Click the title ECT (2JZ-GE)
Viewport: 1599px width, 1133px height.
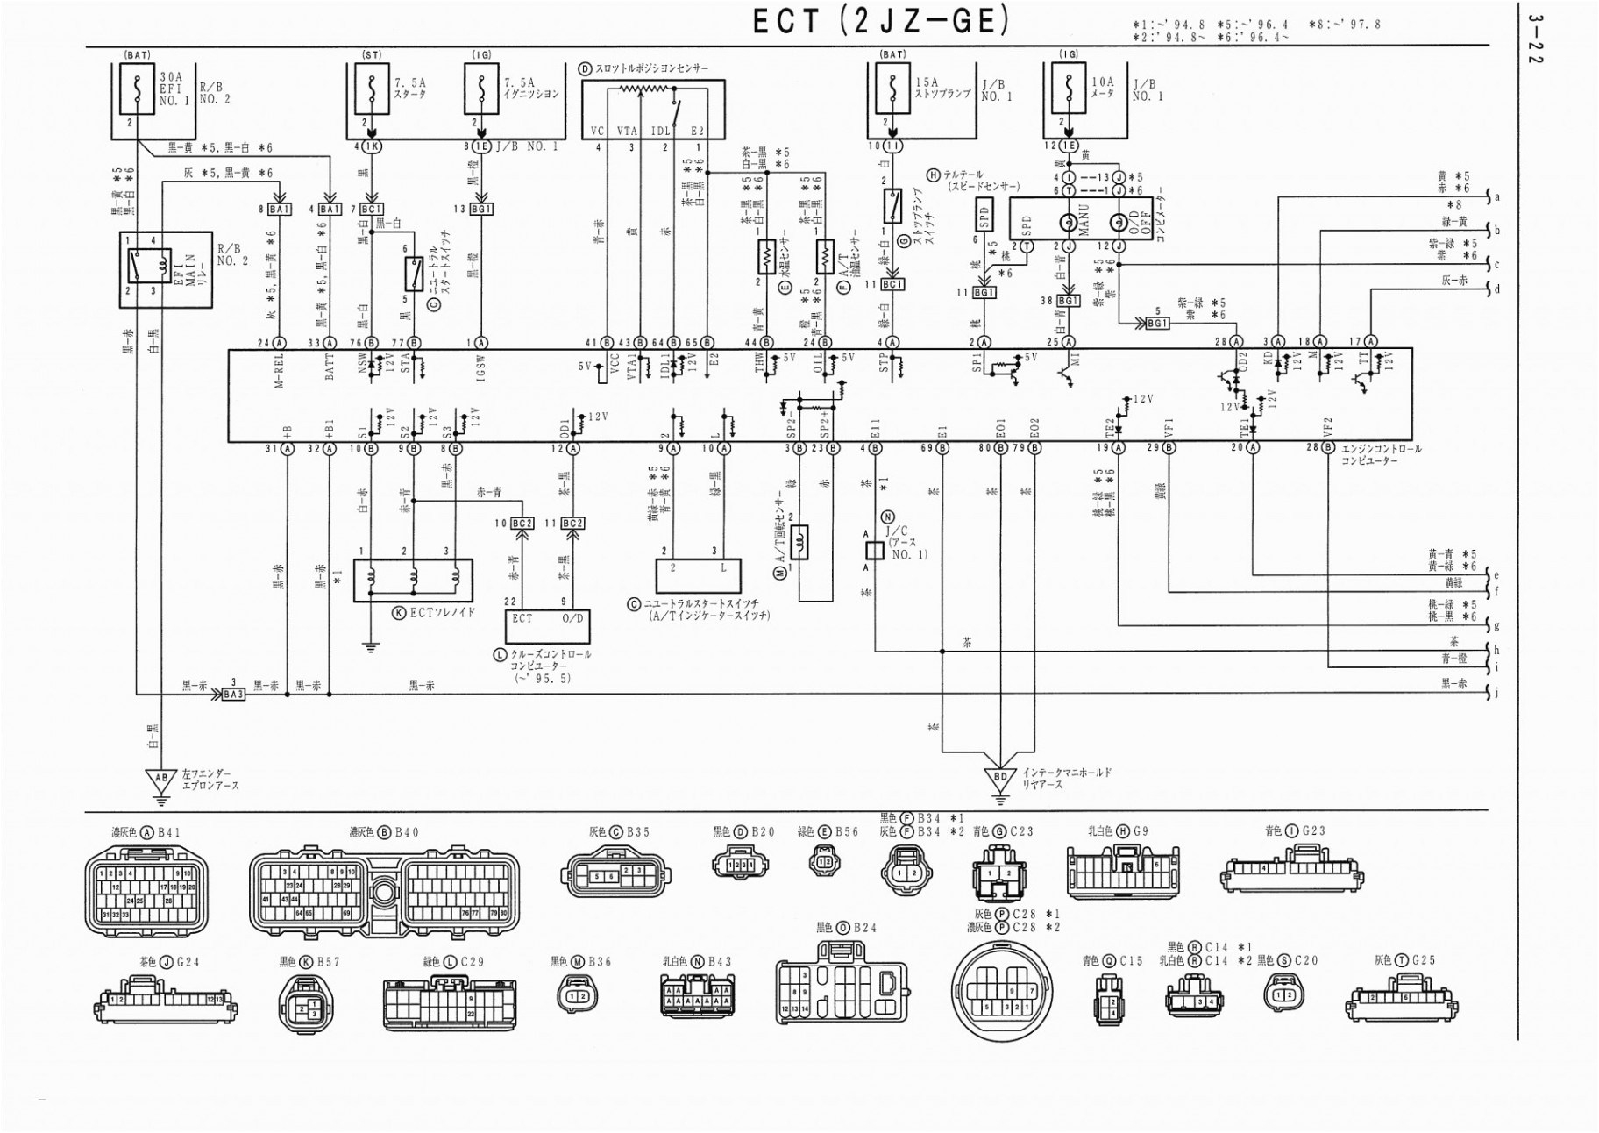pyautogui.click(x=880, y=21)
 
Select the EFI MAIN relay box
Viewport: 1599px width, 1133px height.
pyautogui.click(x=166, y=269)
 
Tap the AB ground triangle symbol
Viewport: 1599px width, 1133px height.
pyautogui.click(x=160, y=778)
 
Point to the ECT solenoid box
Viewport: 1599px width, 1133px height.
pyautogui.click(x=413, y=581)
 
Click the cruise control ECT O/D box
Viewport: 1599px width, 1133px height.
pyautogui.click(x=548, y=626)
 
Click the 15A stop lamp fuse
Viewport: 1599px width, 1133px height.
pyautogui.click(x=893, y=89)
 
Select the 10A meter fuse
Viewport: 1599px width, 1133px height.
pyautogui.click(x=1069, y=89)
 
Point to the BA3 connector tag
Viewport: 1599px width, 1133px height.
pyautogui.click(x=233, y=694)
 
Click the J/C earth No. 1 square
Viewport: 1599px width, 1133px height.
pyautogui.click(x=874, y=550)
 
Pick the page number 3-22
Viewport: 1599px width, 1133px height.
pyautogui.click(x=1534, y=39)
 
